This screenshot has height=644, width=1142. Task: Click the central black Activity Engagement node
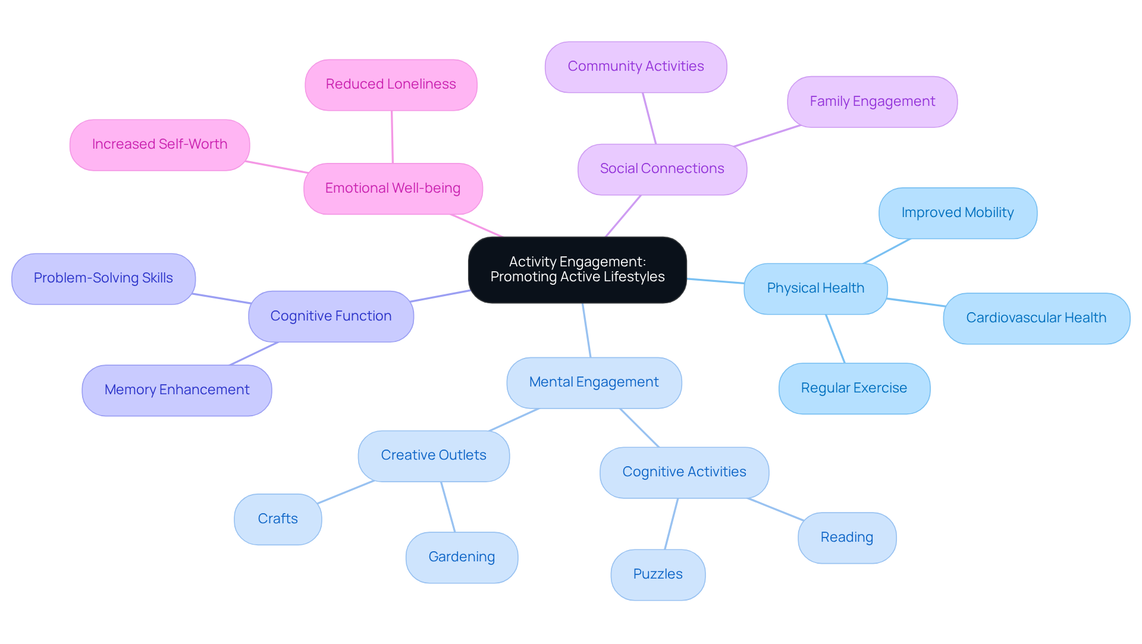tap(577, 270)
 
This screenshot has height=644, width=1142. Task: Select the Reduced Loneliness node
tap(391, 84)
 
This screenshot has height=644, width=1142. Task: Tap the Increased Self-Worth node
tap(159, 144)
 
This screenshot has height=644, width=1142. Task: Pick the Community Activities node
tap(635, 67)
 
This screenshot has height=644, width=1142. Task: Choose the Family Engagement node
tap(872, 102)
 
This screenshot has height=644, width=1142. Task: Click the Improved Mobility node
tap(957, 213)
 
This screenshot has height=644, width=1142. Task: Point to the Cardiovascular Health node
tap(1036, 318)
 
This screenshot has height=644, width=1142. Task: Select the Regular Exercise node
tap(854, 388)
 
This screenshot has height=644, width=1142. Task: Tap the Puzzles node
tap(657, 574)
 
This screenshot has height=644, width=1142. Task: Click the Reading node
tap(846, 538)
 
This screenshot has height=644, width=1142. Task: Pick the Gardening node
tap(462, 557)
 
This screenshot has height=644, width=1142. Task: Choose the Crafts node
tap(278, 519)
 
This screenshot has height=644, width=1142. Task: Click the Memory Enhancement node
tap(177, 390)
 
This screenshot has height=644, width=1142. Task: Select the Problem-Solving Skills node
tap(103, 278)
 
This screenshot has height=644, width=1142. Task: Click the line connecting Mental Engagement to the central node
tap(586, 331)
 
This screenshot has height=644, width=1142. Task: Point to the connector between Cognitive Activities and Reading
tap(776, 510)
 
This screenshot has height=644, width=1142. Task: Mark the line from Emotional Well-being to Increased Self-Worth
tap(277, 167)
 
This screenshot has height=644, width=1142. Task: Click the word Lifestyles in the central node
tap(633, 277)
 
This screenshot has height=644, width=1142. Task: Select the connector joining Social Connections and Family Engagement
tap(767, 136)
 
